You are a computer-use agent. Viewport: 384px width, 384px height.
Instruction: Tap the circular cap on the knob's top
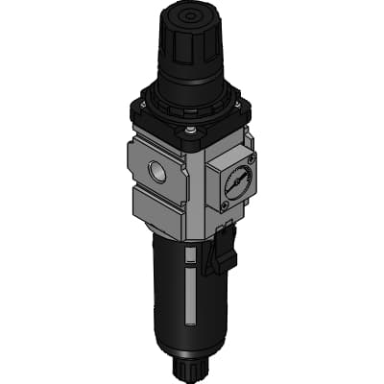185,16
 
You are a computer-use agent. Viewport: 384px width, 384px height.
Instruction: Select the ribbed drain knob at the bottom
186,369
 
